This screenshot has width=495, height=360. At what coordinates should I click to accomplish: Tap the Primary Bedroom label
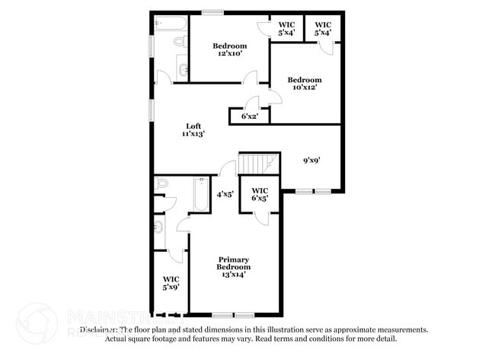pyautogui.click(x=234, y=267)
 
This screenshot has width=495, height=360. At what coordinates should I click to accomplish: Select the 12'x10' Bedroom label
pyautogui.click(x=230, y=49)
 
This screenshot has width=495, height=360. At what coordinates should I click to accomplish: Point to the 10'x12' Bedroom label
pyautogui.click(x=304, y=83)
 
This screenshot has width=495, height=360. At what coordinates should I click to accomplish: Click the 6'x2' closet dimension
pyautogui.click(x=249, y=116)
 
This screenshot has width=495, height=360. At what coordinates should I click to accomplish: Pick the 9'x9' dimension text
pyautogui.click(x=311, y=160)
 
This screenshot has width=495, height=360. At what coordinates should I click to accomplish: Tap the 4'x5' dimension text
pyautogui.click(x=225, y=194)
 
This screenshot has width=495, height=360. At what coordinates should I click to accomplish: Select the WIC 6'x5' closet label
pyautogui.click(x=260, y=195)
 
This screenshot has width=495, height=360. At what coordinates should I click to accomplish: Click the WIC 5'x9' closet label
pyautogui.click(x=171, y=283)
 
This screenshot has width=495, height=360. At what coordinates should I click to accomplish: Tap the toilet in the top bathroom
pyautogui.click(x=180, y=42)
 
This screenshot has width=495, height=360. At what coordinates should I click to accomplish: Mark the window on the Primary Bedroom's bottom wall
pyautogui.click(x=233, y=314)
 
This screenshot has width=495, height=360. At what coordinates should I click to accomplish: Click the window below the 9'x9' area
pyautogui.click(x=314, y=191)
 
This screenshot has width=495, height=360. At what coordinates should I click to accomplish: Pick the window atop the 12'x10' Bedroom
pyautogui.click(x=212, y=11)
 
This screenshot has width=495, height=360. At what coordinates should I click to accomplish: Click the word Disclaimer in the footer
pyautogui.click(x=101, y=330)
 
